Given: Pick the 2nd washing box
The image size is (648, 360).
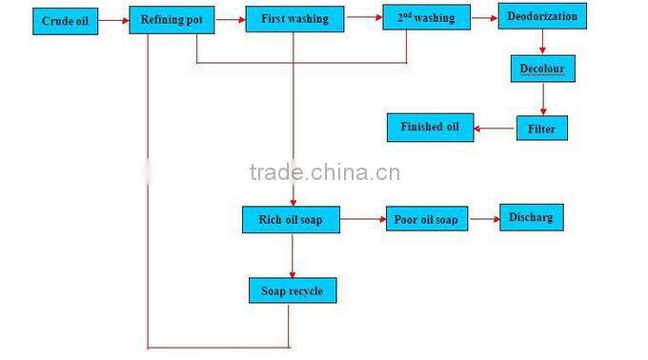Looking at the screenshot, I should pyautogui.click(x=419, y=18).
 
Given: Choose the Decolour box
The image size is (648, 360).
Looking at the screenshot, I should pyautogui.click(x=542, y=70).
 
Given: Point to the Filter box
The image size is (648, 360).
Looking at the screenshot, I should pyautogui.click(x=541, y=129).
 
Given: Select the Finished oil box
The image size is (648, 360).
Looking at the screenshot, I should pyautogui.click(x=430, y=127).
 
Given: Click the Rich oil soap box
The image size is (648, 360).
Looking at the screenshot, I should pyautogui.click(x=291, y=220).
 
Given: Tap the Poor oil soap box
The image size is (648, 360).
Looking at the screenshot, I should pyautogui.click(x=425, y=220).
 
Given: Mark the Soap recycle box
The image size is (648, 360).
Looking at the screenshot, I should pyautogui.click(x=292, y=289).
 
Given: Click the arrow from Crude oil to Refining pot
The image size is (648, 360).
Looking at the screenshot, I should pyautogui.click(x=115, y=20).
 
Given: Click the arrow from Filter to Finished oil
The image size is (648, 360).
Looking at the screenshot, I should pyautogui.click(x=495, y=128).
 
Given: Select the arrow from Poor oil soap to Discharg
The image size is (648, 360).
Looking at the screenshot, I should pyautogui.click(x=484, y=219).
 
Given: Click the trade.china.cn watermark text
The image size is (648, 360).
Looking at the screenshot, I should pyautogui.click(x=324, y=172).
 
